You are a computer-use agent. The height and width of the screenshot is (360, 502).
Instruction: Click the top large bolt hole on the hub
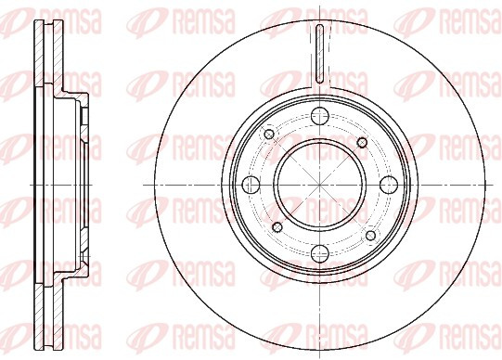coord(320,117)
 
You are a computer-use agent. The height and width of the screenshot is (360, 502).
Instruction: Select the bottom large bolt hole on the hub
coord(320,253)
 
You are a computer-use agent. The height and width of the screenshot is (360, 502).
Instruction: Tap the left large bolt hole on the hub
coord(251,185)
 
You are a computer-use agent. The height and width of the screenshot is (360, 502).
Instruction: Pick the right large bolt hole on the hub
coord(389,185)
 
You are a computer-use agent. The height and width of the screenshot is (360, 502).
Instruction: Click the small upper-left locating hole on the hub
coord(269,135)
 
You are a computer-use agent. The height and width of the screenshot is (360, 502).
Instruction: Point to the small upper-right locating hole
coord(362,142)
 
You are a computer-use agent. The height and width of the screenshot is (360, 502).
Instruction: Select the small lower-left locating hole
coord(277,227)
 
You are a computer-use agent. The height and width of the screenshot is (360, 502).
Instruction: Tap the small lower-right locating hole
coord(370,236)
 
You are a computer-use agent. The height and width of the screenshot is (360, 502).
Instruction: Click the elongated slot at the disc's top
coord(320,54)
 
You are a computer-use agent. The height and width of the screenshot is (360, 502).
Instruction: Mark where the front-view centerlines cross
coord(320,185)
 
